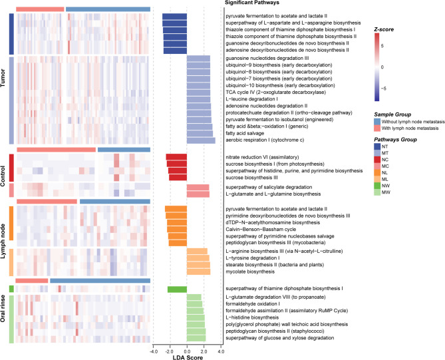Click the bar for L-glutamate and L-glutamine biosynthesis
tap(198, 194)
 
